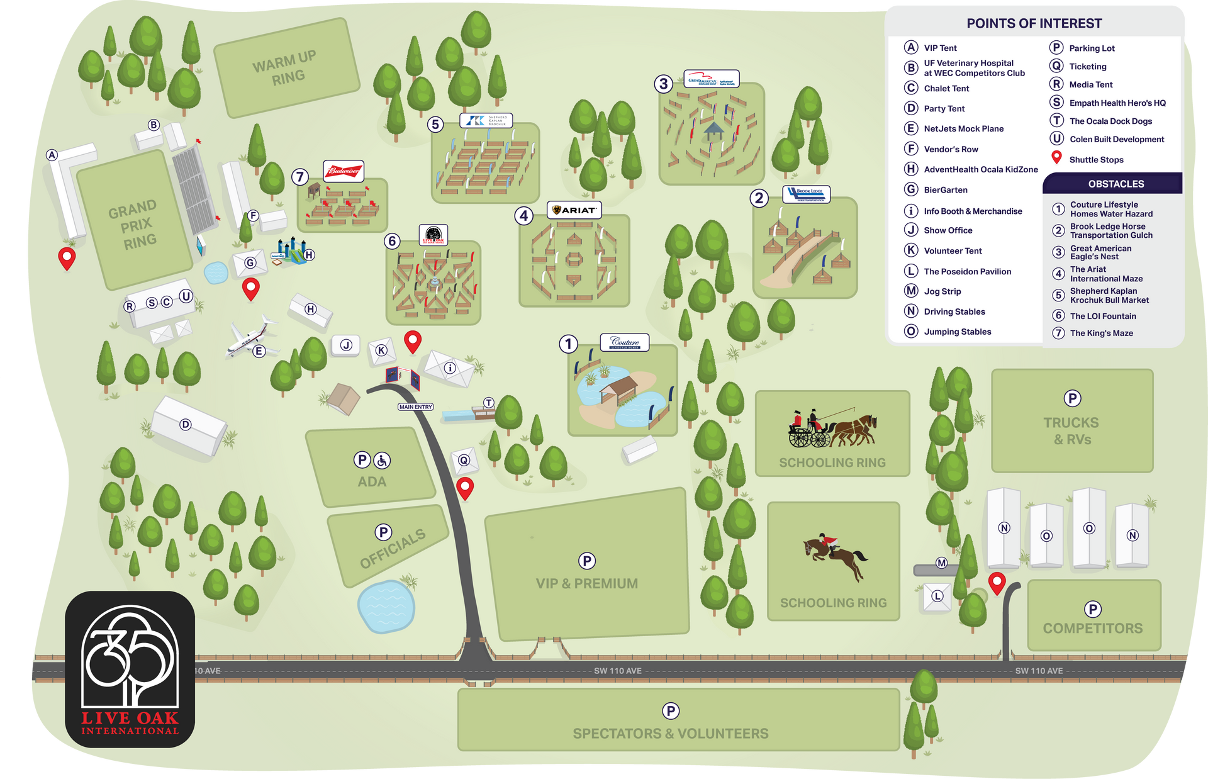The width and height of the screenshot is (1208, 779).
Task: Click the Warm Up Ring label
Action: (284, 69)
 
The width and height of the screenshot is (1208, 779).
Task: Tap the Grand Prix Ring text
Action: (133, 225)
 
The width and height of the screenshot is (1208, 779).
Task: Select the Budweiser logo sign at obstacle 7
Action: (344, 171)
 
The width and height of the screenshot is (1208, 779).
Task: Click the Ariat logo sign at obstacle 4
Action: (574, 210)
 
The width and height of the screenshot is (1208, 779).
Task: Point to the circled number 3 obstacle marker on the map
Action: (663, 84)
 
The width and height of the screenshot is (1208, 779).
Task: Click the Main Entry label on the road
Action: (415, 407)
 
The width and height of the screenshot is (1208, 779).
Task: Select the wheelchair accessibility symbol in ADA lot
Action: (382, 461)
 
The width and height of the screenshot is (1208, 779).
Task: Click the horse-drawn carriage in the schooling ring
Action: (832, 429)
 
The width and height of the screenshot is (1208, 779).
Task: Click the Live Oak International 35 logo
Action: (130, 669)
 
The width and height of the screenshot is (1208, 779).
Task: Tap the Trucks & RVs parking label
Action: (1071, 430)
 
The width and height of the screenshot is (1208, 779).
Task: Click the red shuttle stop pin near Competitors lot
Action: (997, 583)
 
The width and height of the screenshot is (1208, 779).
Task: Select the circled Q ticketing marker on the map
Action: (464, 460)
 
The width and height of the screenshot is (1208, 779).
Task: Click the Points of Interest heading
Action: (1034, 24)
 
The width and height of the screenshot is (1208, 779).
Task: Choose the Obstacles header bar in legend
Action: (1116, 184)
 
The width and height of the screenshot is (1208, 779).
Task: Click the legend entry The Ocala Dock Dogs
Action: (1110, 121)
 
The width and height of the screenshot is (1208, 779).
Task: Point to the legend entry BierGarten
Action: (945, 190)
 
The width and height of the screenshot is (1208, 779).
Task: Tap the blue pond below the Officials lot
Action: (386, 606)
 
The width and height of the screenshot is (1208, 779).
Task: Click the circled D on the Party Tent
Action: (185, 425)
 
